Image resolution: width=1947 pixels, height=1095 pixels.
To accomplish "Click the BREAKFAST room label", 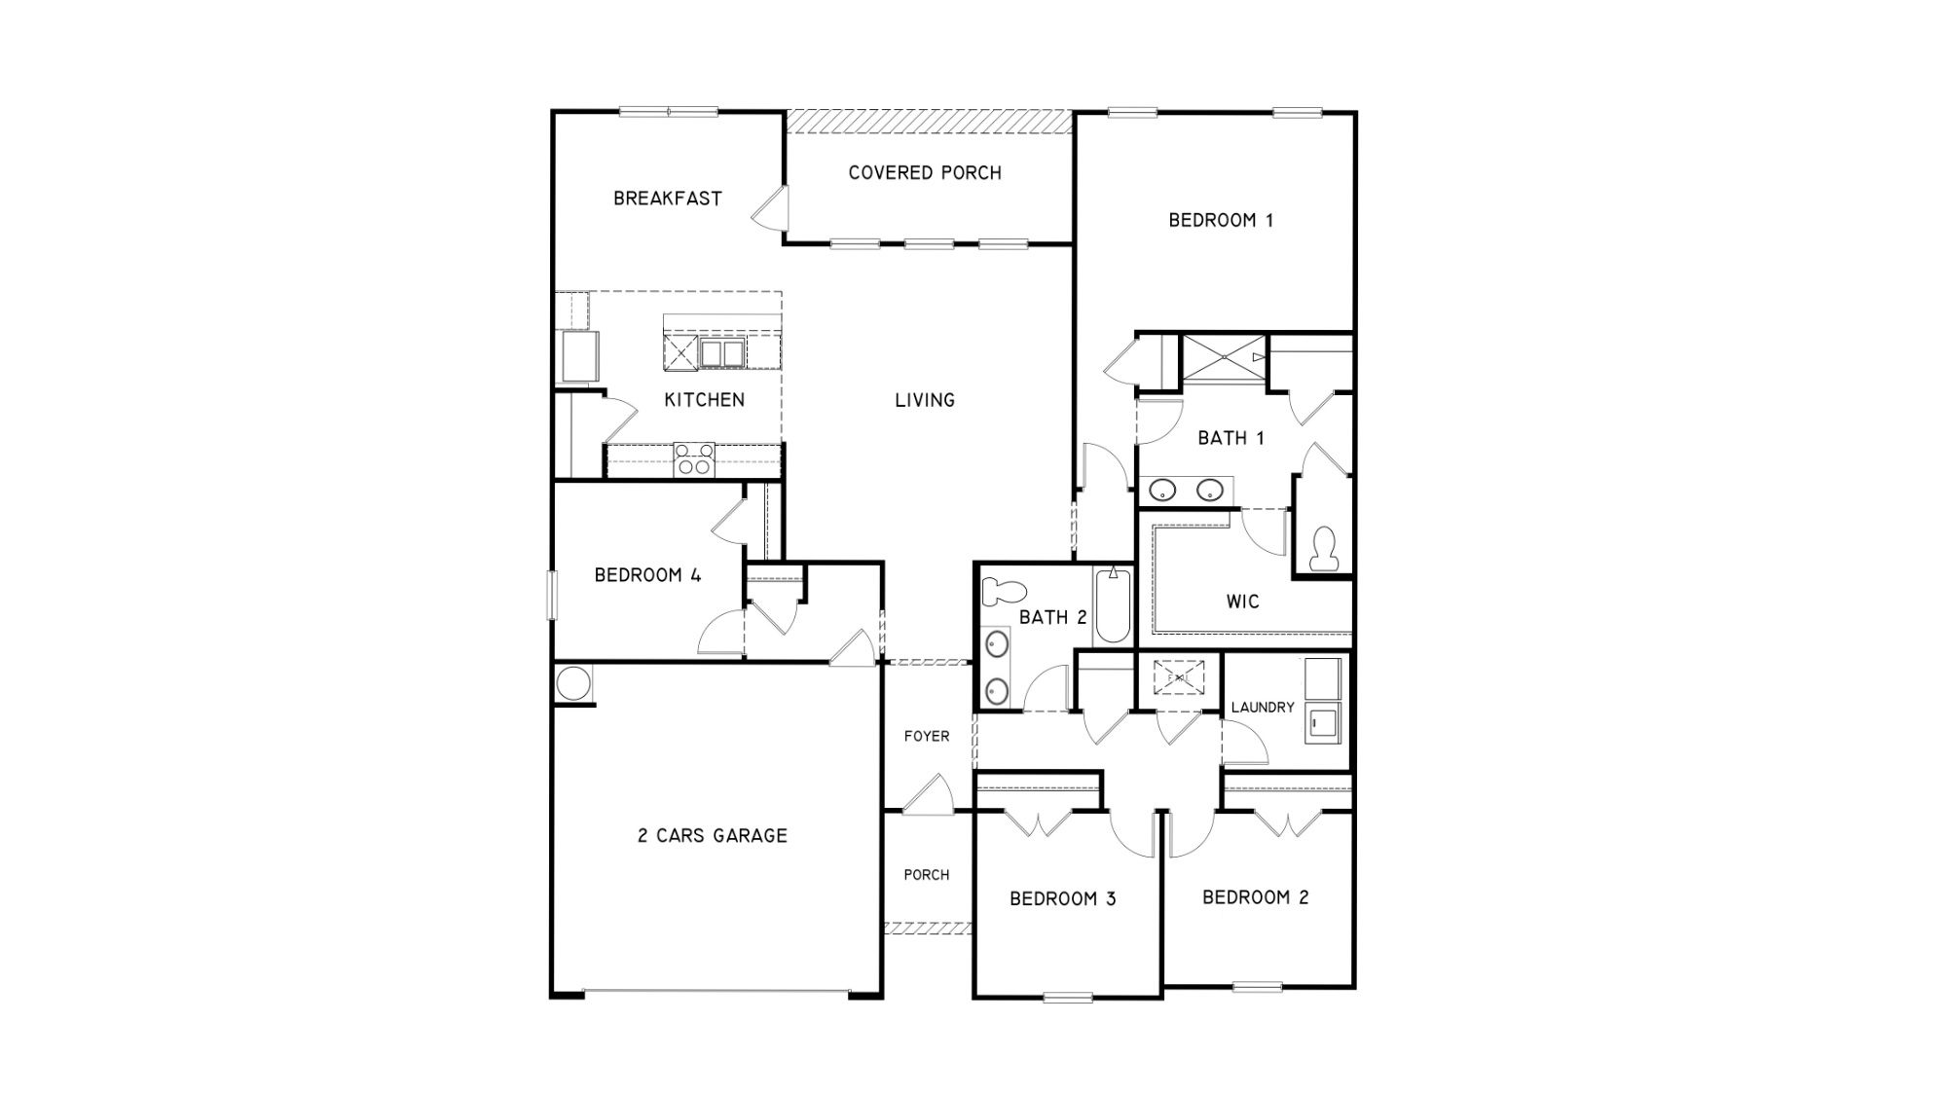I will pos(667,199).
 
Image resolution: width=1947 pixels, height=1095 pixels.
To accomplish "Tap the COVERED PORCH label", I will pos(924,173).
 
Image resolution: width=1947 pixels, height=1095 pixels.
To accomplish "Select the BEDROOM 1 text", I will pos(1221,221).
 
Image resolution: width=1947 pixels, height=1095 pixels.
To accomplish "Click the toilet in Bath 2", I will pos(1005,591).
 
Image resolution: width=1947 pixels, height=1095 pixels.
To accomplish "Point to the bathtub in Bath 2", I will pos(1113,606).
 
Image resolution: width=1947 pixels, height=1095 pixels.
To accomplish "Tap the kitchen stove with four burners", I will pos(694,459).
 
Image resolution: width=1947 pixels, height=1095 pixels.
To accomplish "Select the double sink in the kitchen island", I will pos(721,353).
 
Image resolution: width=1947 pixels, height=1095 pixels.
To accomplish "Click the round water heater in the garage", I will pos(573,682).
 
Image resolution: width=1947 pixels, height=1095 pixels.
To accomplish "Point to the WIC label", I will pos(1242,602).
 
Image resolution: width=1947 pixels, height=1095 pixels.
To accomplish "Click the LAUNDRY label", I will pos(1262,708).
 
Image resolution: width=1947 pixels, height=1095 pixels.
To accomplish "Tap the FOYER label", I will pos(926,737).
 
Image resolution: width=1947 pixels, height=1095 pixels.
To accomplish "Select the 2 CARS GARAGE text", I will pos(712,835).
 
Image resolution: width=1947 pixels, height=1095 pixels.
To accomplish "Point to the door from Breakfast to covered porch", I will pos(773,208).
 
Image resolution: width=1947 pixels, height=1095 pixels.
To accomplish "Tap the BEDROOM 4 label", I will pos(647,575).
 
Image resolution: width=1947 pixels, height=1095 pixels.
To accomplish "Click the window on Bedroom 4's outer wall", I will pos(552,595).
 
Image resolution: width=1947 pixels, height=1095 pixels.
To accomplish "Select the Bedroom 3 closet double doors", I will pos(1039,823).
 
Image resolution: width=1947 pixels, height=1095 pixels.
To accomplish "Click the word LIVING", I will pos(924,400).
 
